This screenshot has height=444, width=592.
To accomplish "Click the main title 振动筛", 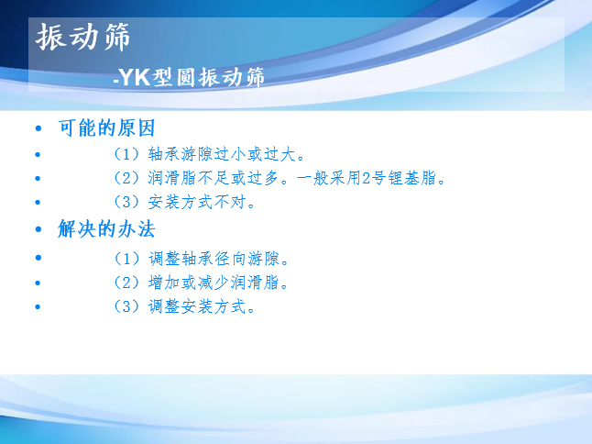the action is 83,37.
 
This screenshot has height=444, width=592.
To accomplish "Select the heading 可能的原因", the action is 106,128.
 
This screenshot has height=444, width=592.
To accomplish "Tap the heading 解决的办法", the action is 106,228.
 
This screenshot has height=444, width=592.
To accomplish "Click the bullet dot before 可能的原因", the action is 38,128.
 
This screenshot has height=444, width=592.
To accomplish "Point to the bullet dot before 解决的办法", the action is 38,229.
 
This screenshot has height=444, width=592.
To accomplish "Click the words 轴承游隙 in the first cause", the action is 181,154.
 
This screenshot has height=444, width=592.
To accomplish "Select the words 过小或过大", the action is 255,154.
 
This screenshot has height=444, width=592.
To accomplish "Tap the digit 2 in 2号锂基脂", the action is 366,178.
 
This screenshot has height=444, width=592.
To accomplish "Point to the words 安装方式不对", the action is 197,202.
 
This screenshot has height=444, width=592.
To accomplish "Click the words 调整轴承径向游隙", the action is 214,259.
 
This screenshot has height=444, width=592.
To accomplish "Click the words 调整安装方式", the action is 197,306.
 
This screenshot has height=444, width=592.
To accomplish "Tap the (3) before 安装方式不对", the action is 126,202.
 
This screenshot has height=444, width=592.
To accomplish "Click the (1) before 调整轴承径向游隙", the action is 126,259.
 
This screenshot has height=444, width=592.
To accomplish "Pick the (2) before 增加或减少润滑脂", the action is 126,283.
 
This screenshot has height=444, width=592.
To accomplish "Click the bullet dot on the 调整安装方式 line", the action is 38,306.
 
